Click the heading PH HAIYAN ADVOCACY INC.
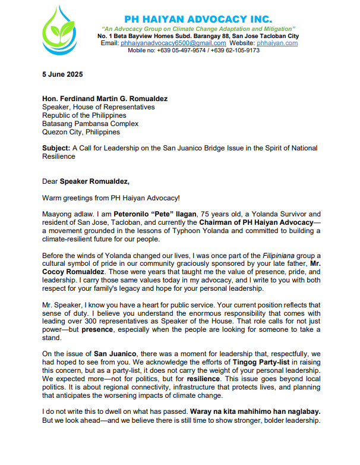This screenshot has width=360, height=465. click(x=198, y=19)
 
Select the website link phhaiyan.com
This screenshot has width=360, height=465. click(x=279, y=43)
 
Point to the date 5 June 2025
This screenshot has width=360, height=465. click(x=62, y=74)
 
